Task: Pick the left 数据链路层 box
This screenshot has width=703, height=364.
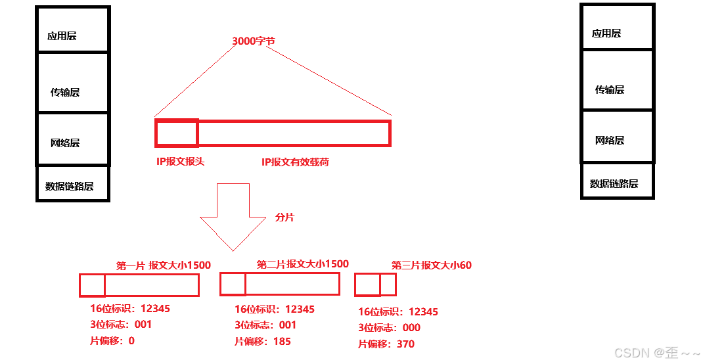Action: coord(68,185)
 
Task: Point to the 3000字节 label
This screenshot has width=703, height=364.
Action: coord(254,41)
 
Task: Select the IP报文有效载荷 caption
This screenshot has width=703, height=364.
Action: coord(295,162)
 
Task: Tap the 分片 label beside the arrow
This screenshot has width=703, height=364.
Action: coord(284,217)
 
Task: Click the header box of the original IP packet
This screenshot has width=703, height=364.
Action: coord(176,133)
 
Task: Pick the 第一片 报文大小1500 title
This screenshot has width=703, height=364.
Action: coord(163,265)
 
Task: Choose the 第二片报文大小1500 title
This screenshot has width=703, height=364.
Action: coord(302,264)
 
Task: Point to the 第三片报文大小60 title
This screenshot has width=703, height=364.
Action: coord(431,265)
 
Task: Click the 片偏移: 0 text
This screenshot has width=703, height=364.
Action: coord(112,340)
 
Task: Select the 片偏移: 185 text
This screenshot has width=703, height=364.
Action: coord(262,341)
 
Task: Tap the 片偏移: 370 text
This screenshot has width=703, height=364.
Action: coord(386,344)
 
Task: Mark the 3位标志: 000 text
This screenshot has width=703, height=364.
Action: coord(389,327)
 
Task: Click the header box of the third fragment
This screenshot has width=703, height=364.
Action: coord(367,284)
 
